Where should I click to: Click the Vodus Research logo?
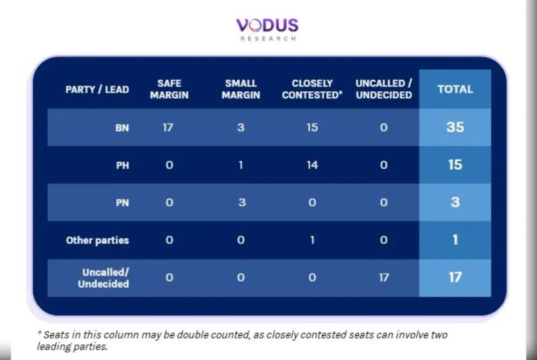pyautogui.click(x=267, y=30)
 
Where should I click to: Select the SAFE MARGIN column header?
pyautogui.click(x=169, y=89)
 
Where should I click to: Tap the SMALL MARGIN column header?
pyautogui.click(x=241, y=89)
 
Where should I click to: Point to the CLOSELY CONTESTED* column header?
pyautogui.click(x=312, y=89)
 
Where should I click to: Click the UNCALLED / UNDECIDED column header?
pyautogui.click(x=383, y=89)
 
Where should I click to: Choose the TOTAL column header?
pyautogui.click(x=455, y=89)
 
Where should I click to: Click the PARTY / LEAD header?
pyautogui.click(x=97, y=89)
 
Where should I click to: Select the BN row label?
pyautogui.click(x=122, y=128)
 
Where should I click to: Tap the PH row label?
pyautogui.click(x=122, y=165)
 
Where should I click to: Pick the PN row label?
pyautogui.click(x=122, y=203)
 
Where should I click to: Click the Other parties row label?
pyautogui.click(x=97, y=241)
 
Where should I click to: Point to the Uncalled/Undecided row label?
pyautogui.click(x=104, y=278)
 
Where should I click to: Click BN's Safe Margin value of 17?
pyautogui.click(x=168, y=127)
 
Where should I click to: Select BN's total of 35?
pyautogui.click(x=455, y=127)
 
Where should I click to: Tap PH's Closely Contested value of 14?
pyautogui.click(x=313, y=165)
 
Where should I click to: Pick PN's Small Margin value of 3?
pyautogui.click(x=242, y=203)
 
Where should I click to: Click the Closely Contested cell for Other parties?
pyautogui.click(x=313, y=240)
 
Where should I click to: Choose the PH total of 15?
pyautogui.click(x=455, y=165)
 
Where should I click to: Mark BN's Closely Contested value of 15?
pyautogui.click(x=313, y=127)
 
